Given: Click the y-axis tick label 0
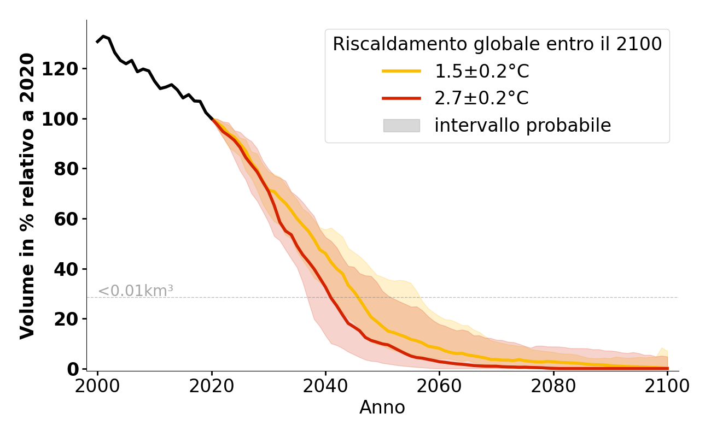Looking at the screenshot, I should tap(73, 369).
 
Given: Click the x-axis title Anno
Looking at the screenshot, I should tap(382, 408).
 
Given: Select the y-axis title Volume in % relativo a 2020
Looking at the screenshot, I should tap(27, 196).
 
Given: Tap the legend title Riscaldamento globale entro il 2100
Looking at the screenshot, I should tap(497, 44).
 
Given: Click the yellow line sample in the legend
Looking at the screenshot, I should tap(401, 71).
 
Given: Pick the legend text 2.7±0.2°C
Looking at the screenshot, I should tap(481, 98).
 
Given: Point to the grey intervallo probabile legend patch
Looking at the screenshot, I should tap(401, 126).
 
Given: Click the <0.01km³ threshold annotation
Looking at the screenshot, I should tap(136, 291).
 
